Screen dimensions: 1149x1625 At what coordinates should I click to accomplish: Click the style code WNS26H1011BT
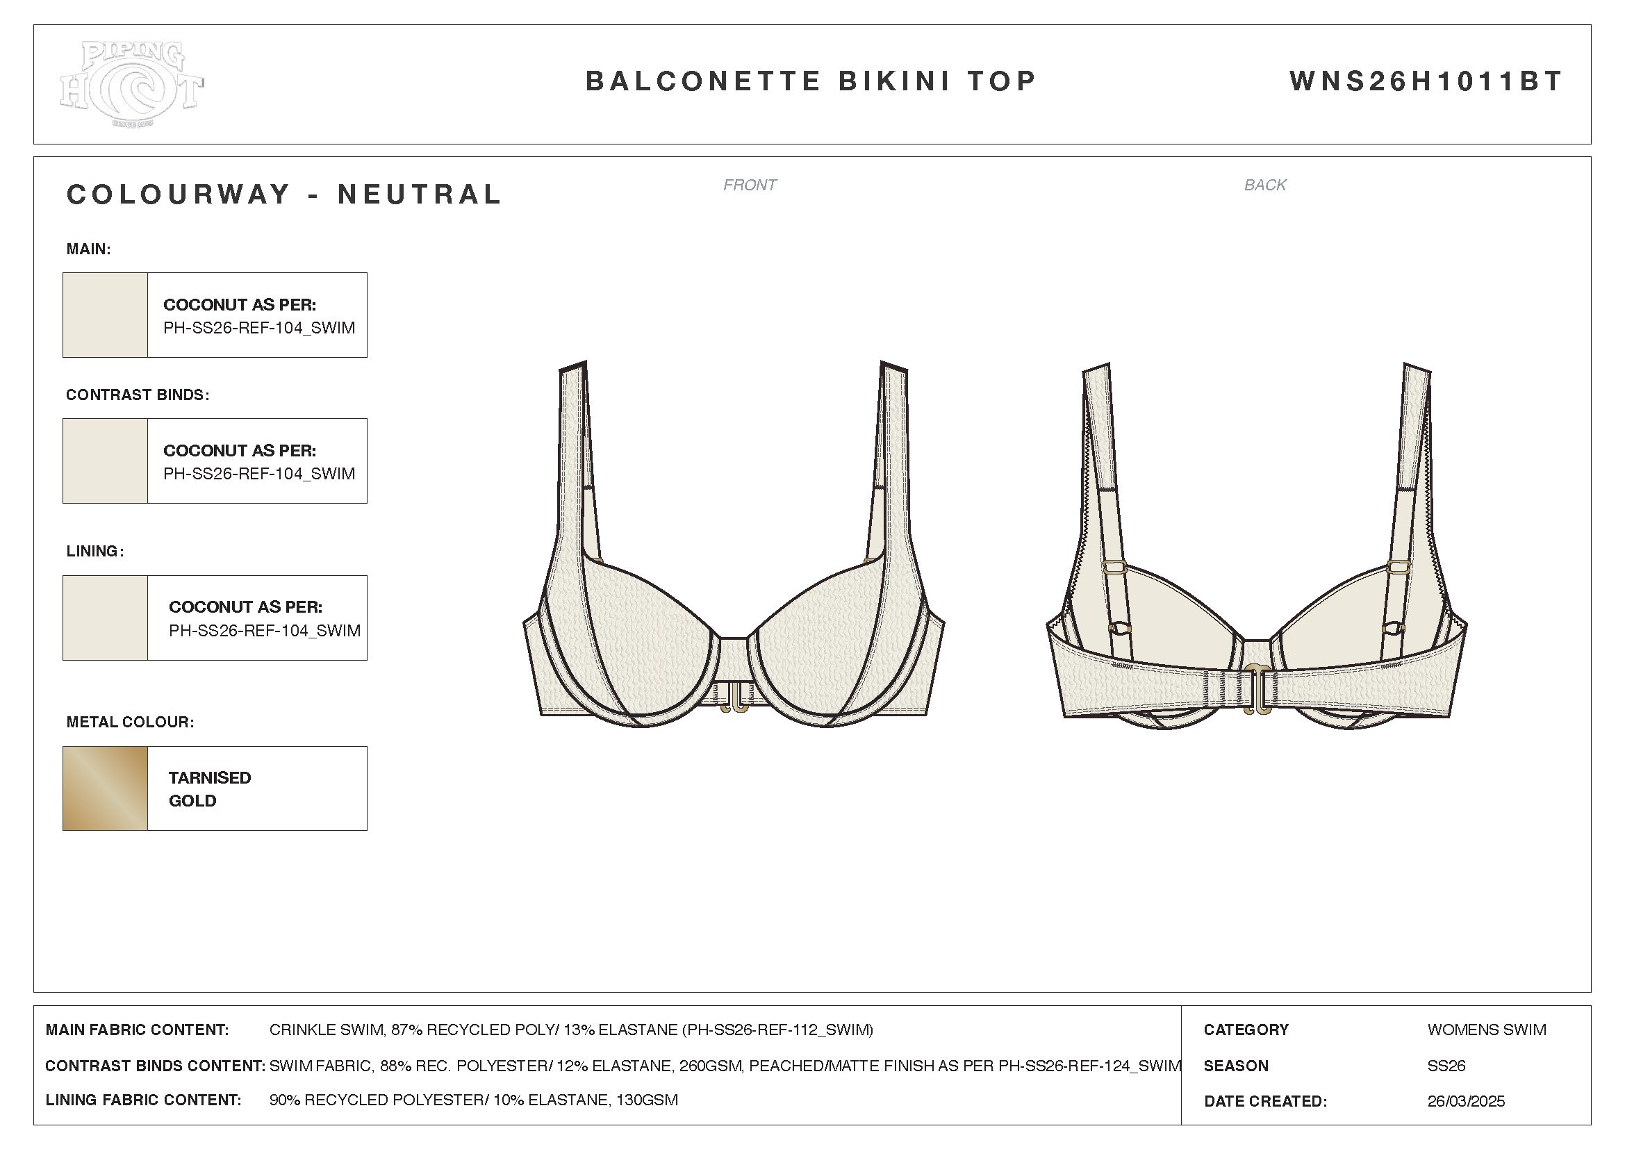point(1426,81)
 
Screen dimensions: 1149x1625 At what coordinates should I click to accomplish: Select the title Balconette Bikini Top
point(811,81)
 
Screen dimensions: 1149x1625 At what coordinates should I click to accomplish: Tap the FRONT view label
point(750,185)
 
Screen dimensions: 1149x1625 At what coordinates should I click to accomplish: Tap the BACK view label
point(1264,185)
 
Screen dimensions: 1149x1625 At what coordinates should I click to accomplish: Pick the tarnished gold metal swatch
point(106,788)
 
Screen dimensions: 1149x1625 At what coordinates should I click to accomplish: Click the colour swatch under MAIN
point(106,315)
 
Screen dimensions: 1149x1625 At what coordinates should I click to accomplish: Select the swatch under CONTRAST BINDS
point(106,461)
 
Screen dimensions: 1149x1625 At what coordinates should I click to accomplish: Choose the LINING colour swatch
point(106,618)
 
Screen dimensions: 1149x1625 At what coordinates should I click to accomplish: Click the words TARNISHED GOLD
point(210,789)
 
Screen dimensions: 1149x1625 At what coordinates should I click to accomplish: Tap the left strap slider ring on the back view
point(1114,568)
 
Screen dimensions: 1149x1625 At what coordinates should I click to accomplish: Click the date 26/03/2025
point(1466,1101)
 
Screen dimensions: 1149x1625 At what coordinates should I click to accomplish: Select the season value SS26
point(1446,1066)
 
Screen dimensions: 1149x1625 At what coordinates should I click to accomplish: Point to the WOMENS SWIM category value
point(1486,1030)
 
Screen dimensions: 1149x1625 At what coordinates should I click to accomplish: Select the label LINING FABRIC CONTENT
point(144,1100)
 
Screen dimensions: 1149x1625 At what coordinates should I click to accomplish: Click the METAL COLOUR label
point(129,722)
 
